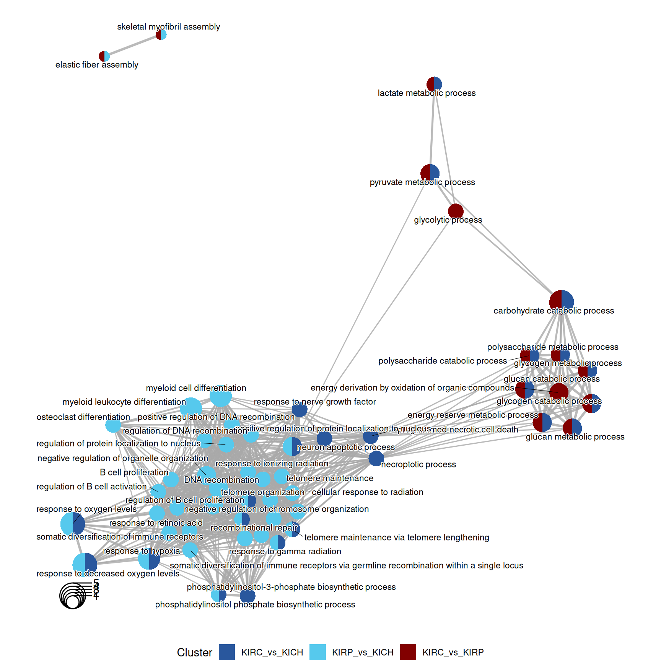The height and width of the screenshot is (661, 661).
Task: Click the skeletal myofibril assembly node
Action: (x=161, y=35)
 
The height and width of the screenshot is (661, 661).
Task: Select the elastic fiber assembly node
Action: (x=104, y=56)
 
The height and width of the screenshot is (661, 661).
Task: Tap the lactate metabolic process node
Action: (x=434, y=84)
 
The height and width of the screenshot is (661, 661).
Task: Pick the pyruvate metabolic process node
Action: (x=430, y=173)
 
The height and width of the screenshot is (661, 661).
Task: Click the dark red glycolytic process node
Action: (x=456, y=211)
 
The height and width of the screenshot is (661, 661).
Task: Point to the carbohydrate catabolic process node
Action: (x=561, y=301)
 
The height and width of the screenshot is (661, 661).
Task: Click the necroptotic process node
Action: (x=376, y=458)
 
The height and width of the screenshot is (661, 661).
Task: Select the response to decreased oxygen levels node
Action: (x=85, y=564)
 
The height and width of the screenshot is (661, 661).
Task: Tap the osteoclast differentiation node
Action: (x=113, y=425)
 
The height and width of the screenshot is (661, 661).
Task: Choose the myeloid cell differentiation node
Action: (x=221, y=396)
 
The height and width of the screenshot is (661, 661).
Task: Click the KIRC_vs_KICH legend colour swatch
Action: (x=227, y=652)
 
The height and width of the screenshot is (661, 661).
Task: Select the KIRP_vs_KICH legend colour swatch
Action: (x=317, y=652)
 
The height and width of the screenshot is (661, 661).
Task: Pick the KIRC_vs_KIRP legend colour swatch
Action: (x=408, y=652)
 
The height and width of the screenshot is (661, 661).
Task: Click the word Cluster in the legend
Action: (x=194, y=653)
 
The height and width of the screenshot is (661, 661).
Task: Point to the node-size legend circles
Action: (x=73, y=596)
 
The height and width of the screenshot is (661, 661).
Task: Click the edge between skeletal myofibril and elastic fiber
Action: (x=133, y=46)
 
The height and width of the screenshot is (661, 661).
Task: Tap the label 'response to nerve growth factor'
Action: (x=315, y=402)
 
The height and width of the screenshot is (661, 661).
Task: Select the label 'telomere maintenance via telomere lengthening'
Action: (x=397, y=537)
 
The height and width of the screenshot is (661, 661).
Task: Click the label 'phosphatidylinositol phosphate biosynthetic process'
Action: (x=255, y=604)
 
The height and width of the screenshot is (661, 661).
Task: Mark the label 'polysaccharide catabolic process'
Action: (x=443, y=361)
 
